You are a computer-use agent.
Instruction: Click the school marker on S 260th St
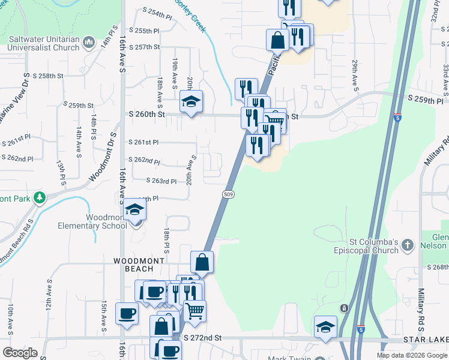tap(191, 101)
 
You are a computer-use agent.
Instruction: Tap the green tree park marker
tap(40, 197)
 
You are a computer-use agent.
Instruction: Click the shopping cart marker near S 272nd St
tap(195, 311)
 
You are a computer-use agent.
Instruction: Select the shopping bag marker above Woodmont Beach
tap(202, 261)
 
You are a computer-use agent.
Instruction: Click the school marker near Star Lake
tap(325, 327)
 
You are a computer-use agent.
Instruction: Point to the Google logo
tap(20, 353)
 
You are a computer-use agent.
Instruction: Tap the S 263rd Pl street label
tap(161, 181)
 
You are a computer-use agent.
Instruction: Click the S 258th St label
tap(49, 76)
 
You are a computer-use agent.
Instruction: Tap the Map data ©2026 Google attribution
tap(411, 355)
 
